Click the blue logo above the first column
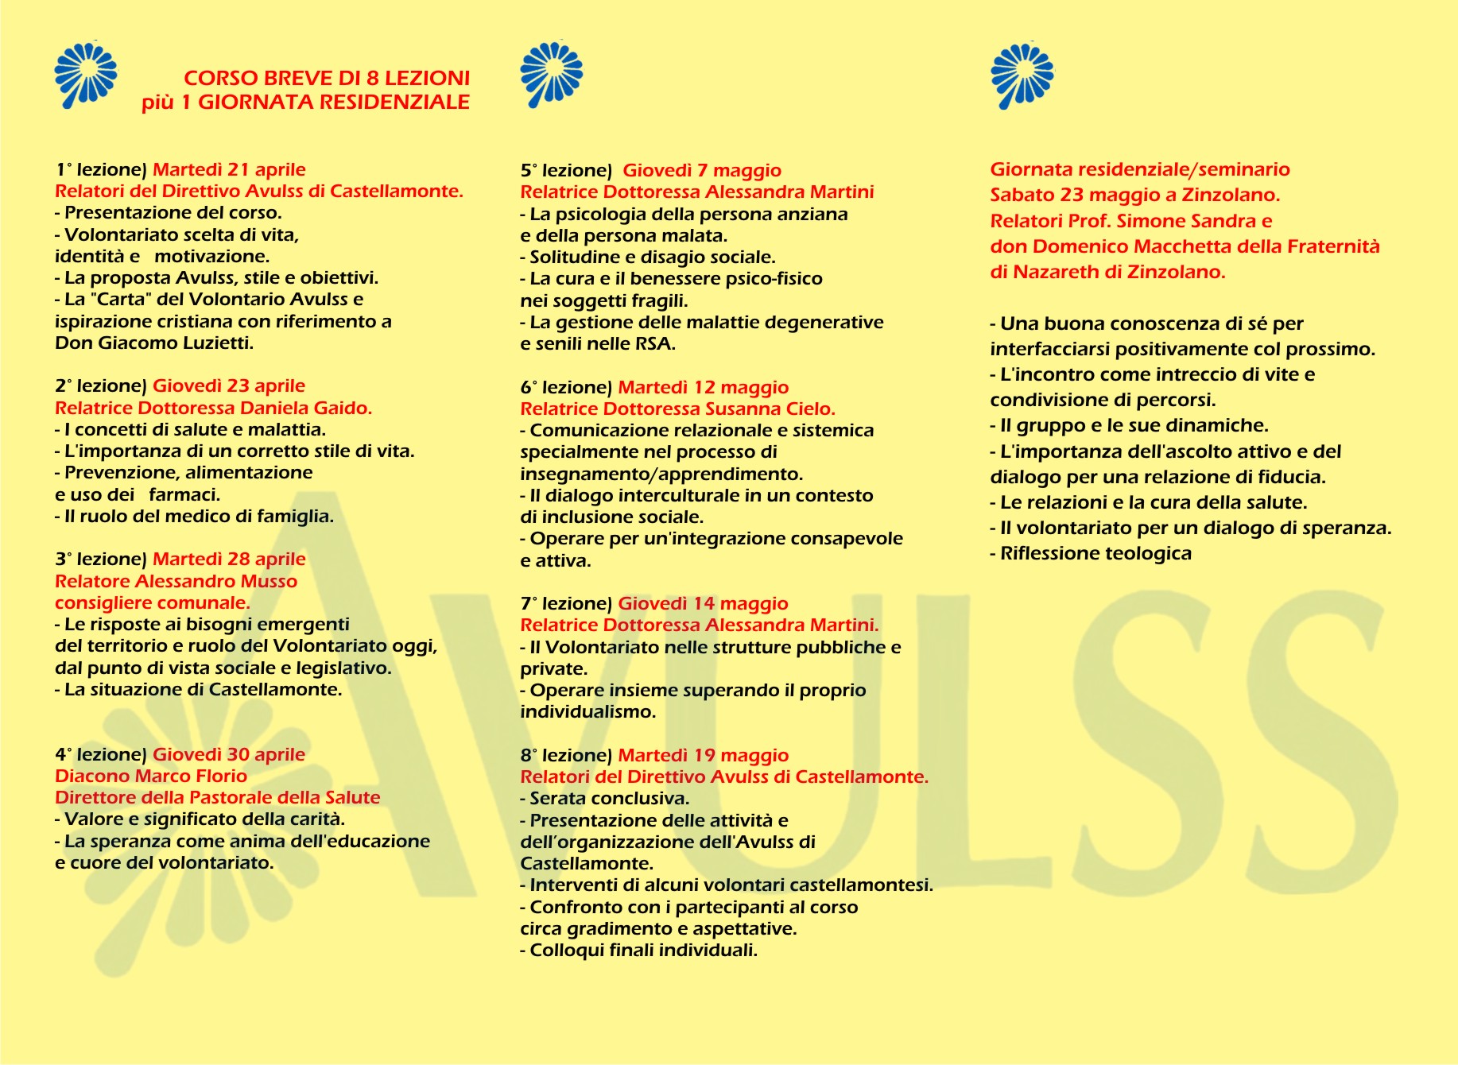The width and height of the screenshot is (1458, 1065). pos(85,76)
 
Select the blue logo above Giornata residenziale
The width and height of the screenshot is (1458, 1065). pos(1022,76)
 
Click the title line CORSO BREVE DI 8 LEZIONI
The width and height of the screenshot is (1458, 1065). pos(327,78)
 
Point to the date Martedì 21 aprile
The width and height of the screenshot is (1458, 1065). pos(229,169)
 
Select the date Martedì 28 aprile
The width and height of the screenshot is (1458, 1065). pos(229,559)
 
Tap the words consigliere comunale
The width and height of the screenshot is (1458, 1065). pos(153,602)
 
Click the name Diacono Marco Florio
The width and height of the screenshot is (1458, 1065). pos(151,776)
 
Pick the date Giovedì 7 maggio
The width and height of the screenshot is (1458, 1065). pos(702,170)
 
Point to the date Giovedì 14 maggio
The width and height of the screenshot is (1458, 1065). pos(703,603)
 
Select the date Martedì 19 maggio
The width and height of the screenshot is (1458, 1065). pos(704,755)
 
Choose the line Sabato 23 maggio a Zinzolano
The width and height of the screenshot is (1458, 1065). pos(1134,195)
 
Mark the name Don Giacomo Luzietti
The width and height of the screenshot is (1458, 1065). pos(154,343)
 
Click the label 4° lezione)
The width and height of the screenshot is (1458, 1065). pos(101,754)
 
